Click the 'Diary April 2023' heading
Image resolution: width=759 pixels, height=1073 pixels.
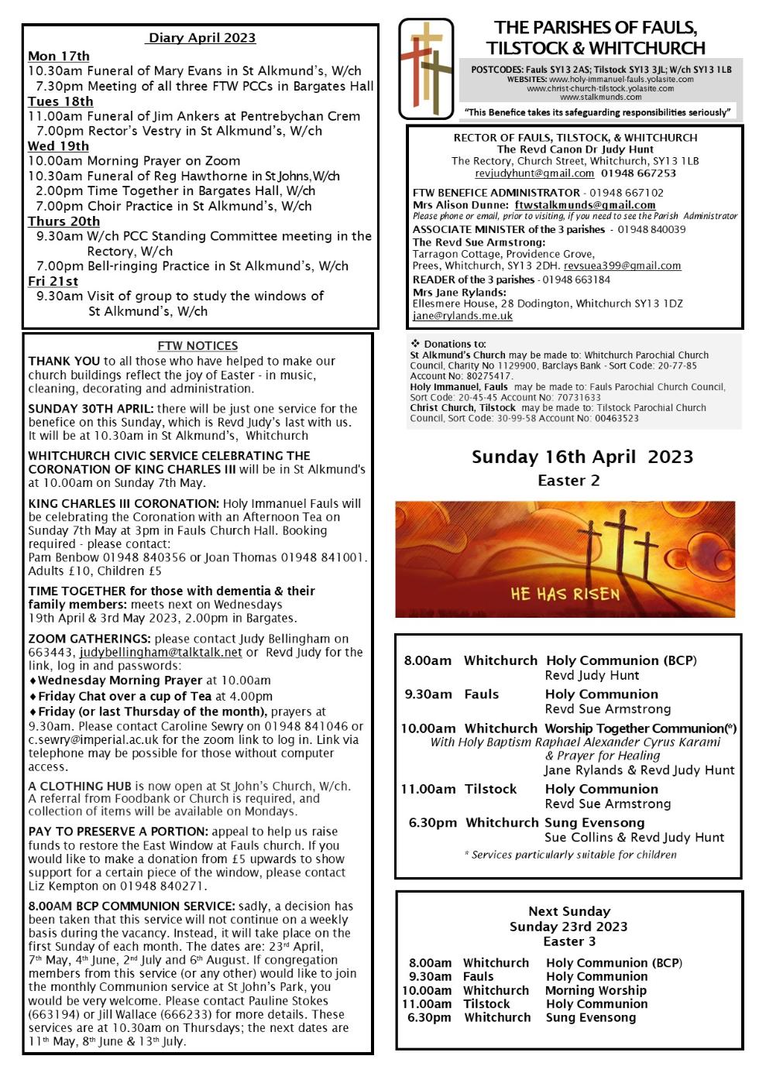pos(201,38)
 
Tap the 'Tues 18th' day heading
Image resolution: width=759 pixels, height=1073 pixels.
pos(60,101)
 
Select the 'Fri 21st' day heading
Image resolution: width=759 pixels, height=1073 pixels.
pos(53,281)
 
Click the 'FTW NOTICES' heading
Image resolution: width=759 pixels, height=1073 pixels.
pos(197,346)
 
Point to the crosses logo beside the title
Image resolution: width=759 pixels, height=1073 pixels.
pos(425,68)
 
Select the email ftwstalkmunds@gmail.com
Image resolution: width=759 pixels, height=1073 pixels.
pos(585,205)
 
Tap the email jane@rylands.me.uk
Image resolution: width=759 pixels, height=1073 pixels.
pos(462,316)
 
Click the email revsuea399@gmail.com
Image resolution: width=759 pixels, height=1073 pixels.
pos(622,266)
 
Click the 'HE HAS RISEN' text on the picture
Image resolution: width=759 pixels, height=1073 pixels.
pos(565,595)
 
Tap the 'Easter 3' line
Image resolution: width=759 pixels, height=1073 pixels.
pos(568,941)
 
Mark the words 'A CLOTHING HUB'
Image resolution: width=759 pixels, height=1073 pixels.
pos(77,786)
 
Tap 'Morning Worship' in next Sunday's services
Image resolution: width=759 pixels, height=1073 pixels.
pos(596,990)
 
